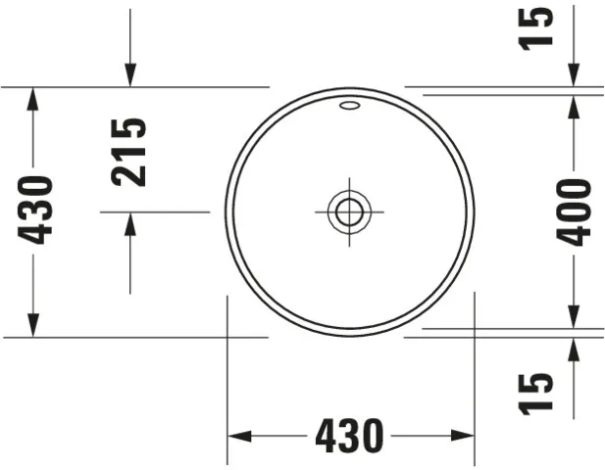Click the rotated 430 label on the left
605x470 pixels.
(x=36, y=211)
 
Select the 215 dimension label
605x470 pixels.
(x=129, y=152)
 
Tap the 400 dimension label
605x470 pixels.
(x=574, y=211)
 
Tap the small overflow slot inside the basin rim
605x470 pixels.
(x=348, y=106)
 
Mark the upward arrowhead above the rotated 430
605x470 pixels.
(x=35, y=99)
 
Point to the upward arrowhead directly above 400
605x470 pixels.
(x=574, y=109)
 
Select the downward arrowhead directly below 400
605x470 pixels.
(x=574, y=315)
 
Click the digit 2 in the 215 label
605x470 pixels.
(x=129, y=174)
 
